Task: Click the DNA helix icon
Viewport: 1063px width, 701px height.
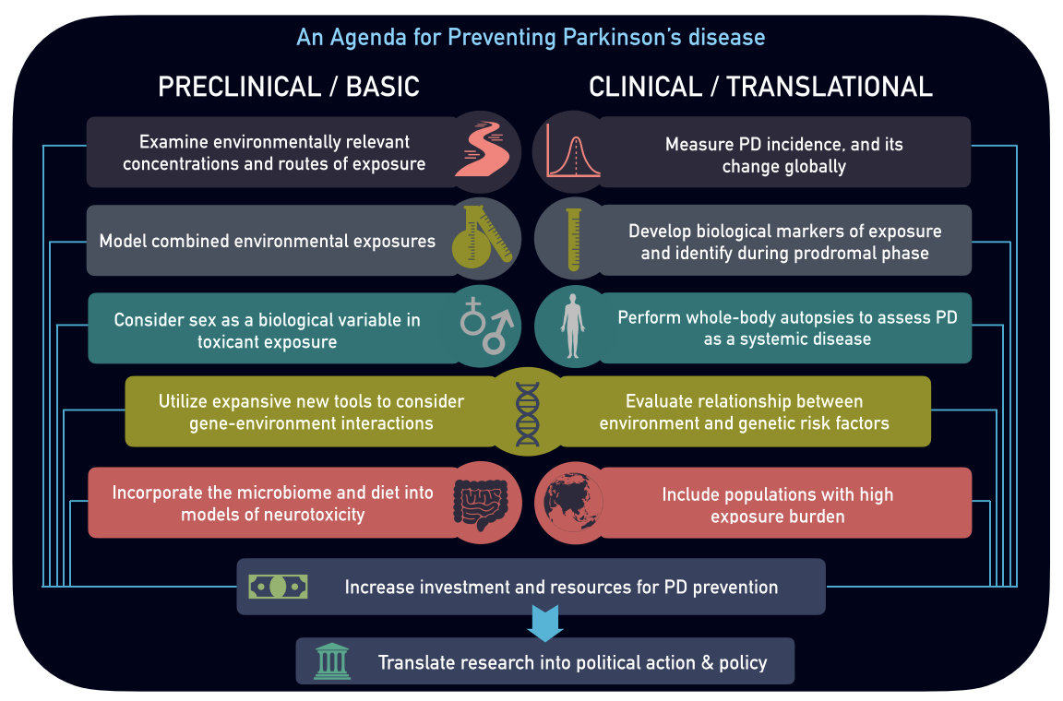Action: (528, 414)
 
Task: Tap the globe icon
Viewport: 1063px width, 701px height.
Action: (573, 502)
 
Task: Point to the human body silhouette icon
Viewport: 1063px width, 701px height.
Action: (573, 327)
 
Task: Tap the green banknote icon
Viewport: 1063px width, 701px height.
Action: (278, 587)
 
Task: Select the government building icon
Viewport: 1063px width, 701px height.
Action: (332, 661)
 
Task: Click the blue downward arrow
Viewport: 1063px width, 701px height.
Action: (544, 624)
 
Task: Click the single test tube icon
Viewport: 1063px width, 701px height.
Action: (573, 239)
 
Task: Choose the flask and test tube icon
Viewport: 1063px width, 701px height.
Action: (483, 238)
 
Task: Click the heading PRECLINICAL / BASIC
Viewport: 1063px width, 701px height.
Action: (289, 87)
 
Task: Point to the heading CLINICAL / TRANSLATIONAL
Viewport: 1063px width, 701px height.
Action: (760, 87)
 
